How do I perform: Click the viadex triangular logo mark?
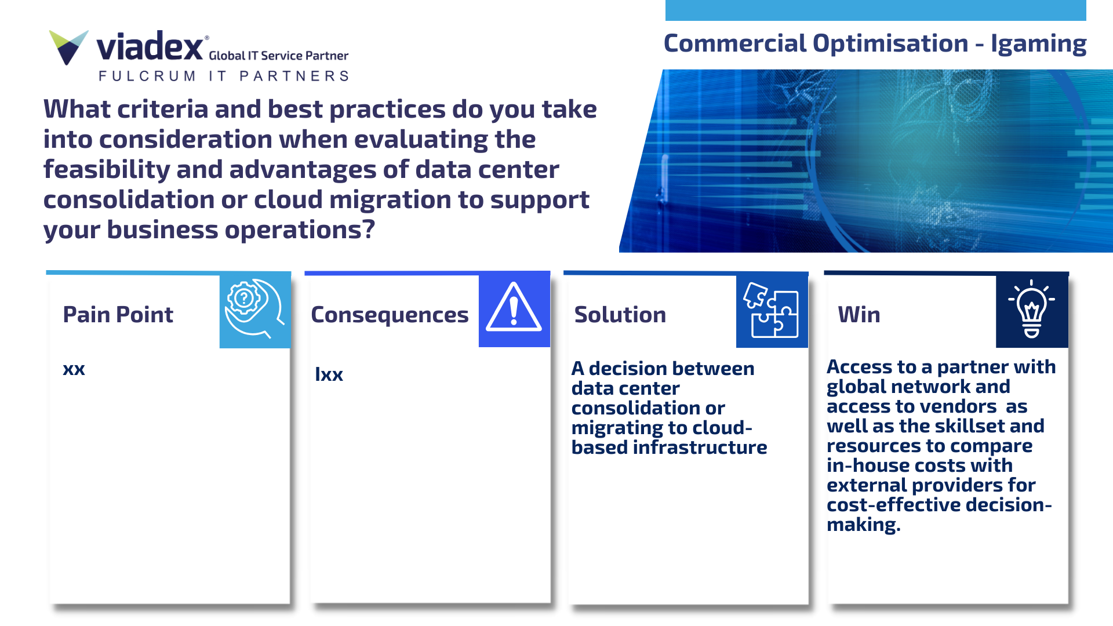(x=68, y=47)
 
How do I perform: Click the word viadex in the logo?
(x=150, y=46)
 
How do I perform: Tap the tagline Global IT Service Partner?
(x=278, y=56)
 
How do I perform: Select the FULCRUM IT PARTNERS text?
(x=224, y=76)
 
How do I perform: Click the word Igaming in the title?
(x=1038, y=44)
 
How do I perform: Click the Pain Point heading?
(x=118, y=315)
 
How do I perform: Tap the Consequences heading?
(x=390, y=315)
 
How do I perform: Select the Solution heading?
(x=620, y=315)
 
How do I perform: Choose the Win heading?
(x=859, y=315)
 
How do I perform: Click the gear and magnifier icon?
(x=254, y=309)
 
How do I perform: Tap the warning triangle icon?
(x=514, y=307)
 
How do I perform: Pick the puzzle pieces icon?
(x=771, y=310)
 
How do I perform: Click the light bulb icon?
(x=1031, y=309)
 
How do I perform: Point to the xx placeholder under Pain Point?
(x=74, y=369)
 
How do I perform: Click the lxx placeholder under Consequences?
(x=329, y=374)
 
